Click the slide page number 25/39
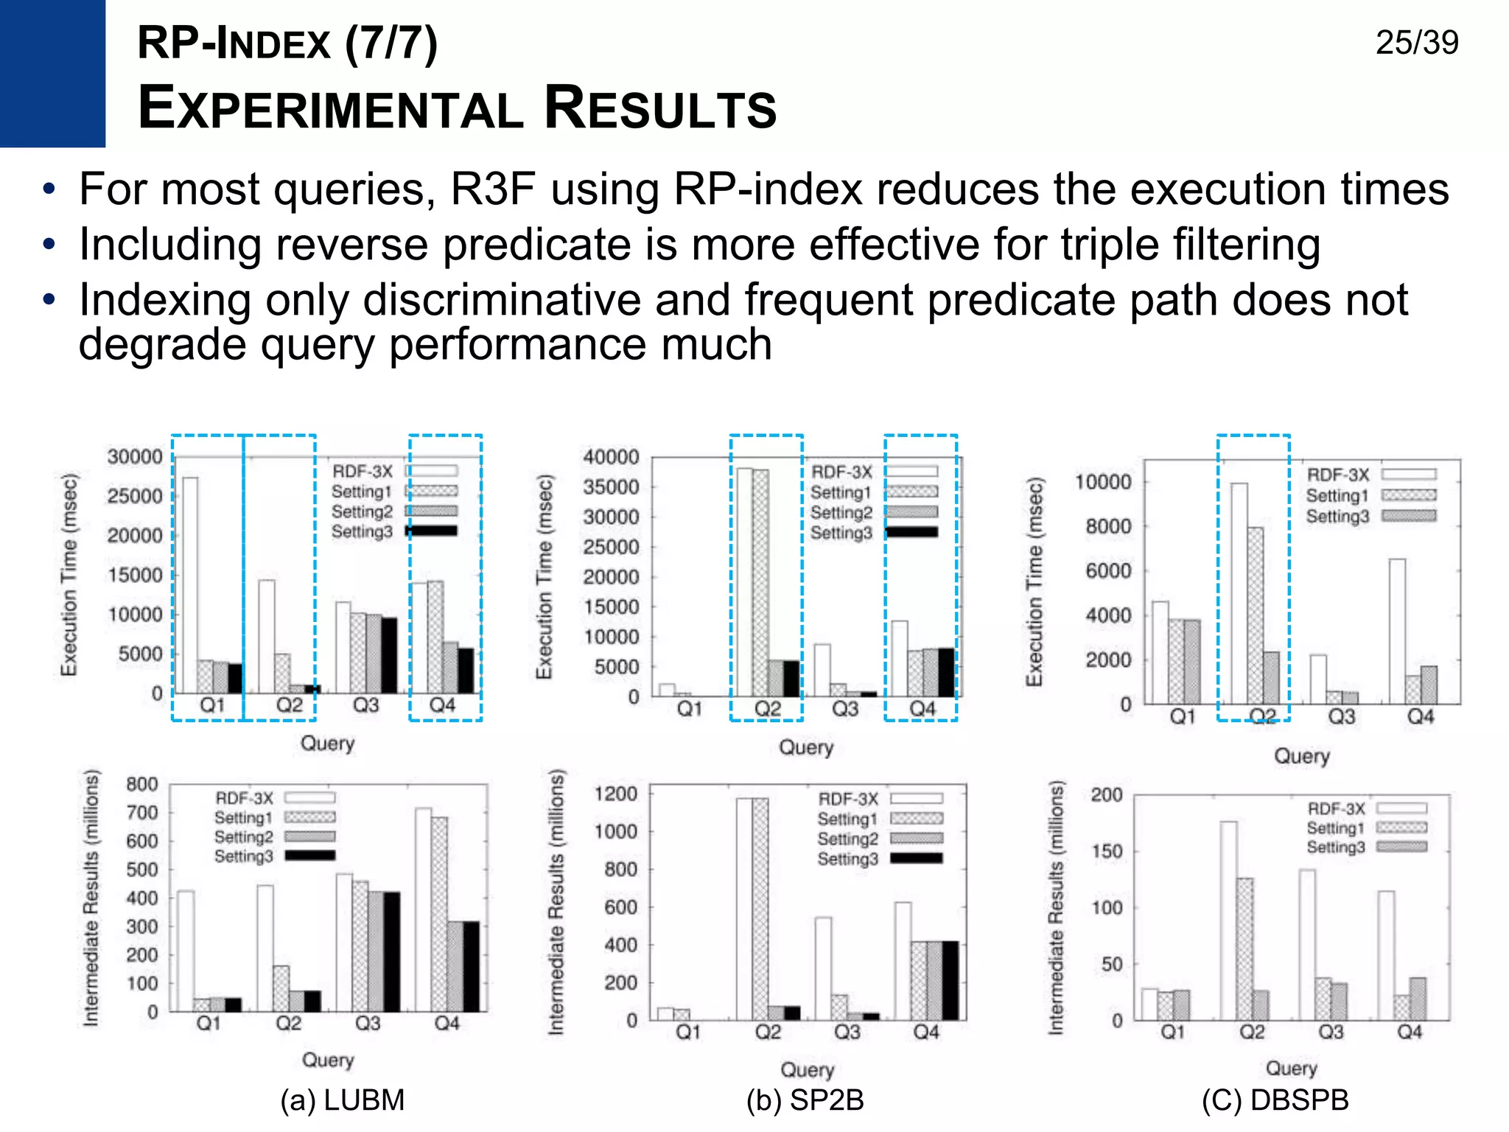coord(1416,43)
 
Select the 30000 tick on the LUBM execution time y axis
coord(135,457)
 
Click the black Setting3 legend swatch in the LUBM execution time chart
coord(433,531)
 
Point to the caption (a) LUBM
coord(343,1100)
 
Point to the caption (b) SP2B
coord(805,1100)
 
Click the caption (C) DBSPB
coord(1275,1100)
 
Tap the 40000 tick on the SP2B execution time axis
coord(611,457)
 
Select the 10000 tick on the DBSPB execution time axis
coord(1102,482)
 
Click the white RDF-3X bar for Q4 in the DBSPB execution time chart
coord(1397,630)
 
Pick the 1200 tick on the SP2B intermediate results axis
coord(615,794)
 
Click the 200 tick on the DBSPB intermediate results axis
coord(1107,794)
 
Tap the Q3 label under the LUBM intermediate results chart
coord(367,1023)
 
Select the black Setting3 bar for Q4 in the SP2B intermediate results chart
coord(950,980)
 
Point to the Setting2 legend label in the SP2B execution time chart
coord(841,512)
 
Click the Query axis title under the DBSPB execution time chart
coord(1301,755)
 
